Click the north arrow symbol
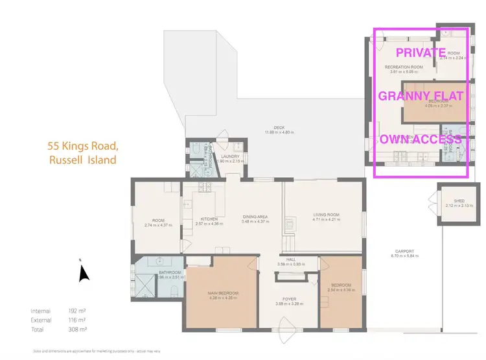(83, 273)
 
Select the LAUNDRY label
(230, 156)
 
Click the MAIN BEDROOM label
(224, 293)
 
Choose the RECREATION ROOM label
(403, 67)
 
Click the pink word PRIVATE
(421, 53)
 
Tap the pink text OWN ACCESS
(421, 139)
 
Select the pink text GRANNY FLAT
(421, 97)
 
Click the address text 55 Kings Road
(82, 147)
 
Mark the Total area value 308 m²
(77, 330)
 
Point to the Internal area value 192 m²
(77, 311)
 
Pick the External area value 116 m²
(77, 320)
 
